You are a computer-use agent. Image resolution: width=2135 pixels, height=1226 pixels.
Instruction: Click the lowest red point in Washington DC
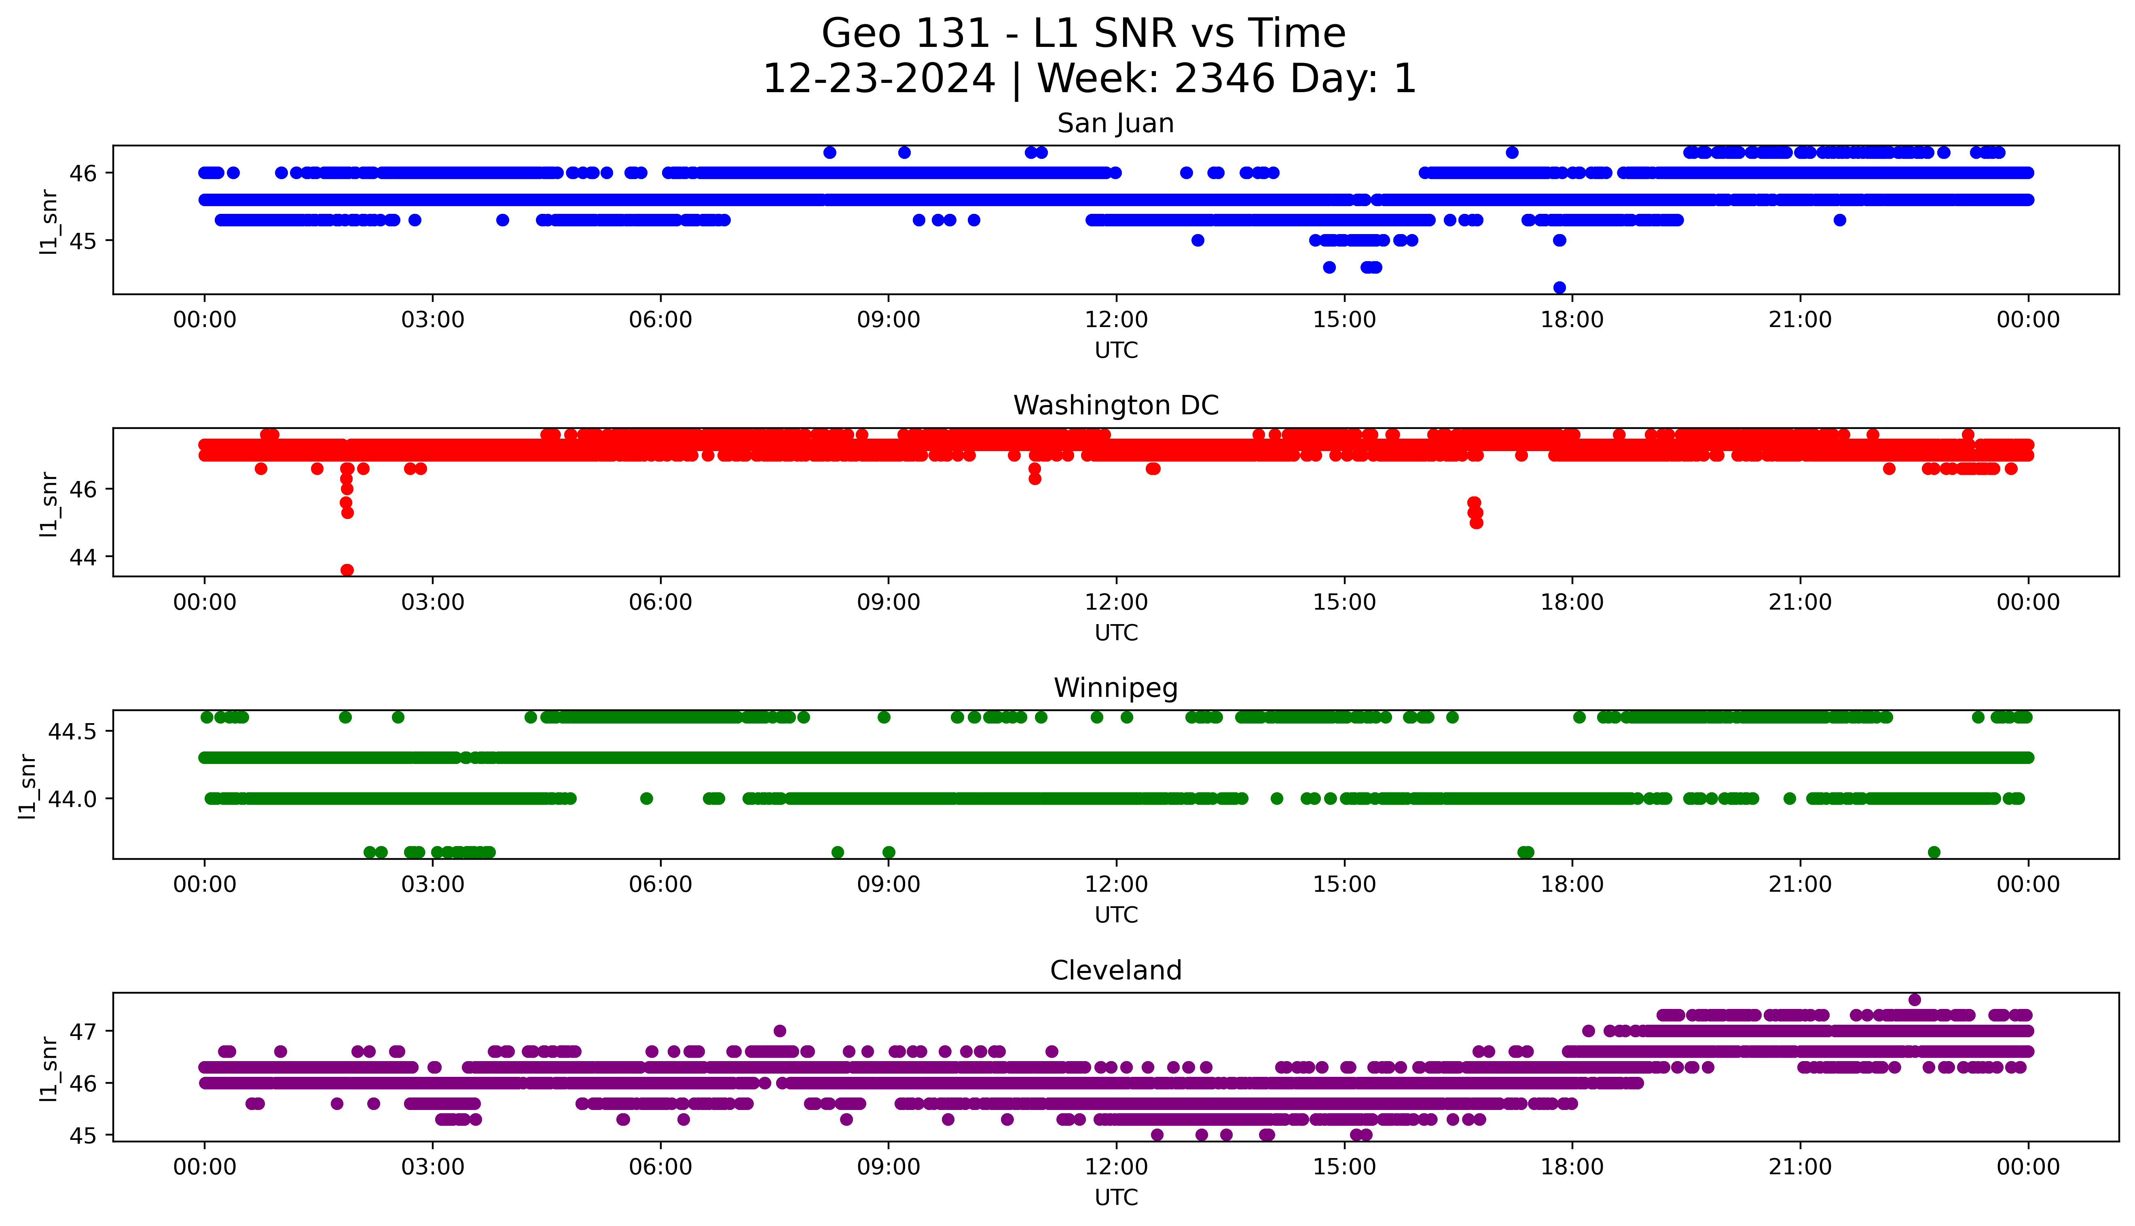coord(347,570)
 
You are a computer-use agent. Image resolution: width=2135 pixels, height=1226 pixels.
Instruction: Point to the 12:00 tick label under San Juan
coord(1116,320)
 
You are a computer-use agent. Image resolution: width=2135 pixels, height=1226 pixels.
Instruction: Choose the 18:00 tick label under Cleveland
coord(1572,1167)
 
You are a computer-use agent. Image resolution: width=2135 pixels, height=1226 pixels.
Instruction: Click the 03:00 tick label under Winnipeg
coord(433,885)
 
